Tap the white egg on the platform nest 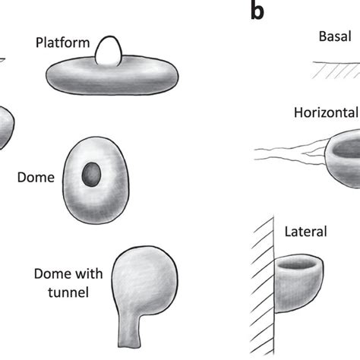tap(111, 51)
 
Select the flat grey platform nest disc tap(113, 76)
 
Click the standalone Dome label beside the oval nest tap(36, 178)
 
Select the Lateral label tap(305, 230)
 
